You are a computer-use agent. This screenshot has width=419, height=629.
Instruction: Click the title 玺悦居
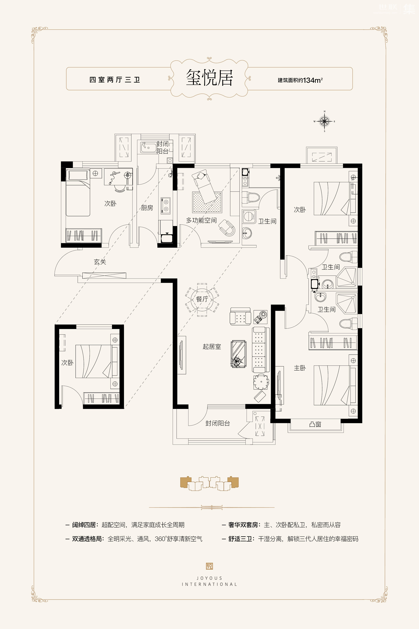tap(209, 78)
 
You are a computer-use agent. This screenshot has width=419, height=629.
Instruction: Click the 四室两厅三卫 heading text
tap(115, 80)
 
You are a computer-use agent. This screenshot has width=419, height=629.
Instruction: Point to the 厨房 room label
tap(147, 208)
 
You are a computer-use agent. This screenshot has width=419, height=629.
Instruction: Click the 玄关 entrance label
tap(100, 262)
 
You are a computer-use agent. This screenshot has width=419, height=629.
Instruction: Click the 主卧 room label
tap(300, 368)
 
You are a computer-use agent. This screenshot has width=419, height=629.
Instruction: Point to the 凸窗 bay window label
tap(315, 424)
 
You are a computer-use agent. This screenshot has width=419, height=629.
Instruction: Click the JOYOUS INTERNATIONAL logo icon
tap(209, 566)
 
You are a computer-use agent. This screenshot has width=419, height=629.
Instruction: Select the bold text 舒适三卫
tap(240, 539)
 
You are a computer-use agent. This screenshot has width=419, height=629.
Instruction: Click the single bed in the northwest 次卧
tap(78, 193)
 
